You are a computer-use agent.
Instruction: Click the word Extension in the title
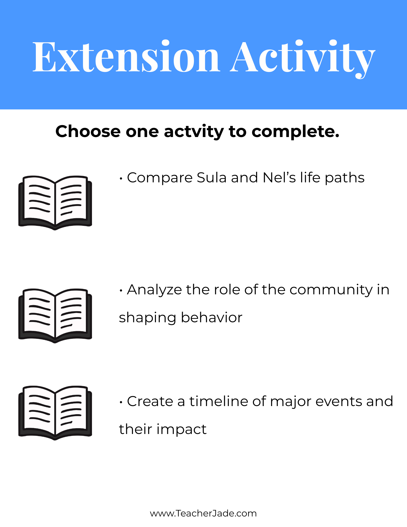coord(126,56)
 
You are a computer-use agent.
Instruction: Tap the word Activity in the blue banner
coord(302,59)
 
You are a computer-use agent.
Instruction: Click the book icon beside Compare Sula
coord(55,203)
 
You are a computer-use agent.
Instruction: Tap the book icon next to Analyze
coord(55,316)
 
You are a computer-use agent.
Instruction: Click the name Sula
coord(212,178)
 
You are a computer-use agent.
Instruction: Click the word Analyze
coord(154,290)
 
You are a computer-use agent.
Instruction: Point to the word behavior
coord(212,317)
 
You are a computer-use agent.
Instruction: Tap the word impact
coord(182,430)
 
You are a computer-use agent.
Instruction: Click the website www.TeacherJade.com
coord(203,513)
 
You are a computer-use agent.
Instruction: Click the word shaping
coord(148,318)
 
